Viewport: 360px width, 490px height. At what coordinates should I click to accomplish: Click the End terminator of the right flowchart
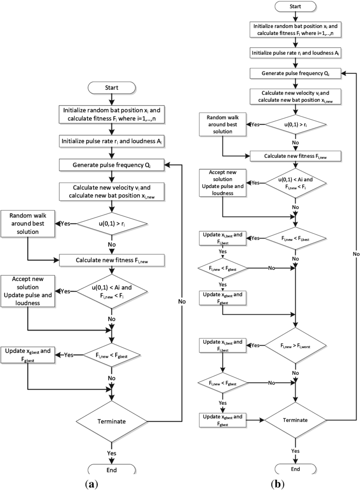pyautogui.click(x=295, y=469)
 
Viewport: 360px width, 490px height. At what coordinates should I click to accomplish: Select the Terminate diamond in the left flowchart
pyautogui.click(x=111, y=422)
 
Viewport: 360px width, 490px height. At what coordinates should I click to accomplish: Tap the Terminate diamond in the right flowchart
pyautogui.click(x=295, y=420)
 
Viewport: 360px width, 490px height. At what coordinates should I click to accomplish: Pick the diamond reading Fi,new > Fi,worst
pyautogui.click(x=295, y=346)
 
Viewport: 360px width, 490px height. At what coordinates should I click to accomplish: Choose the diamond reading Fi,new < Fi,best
pyautogui.click(x=295, y=238)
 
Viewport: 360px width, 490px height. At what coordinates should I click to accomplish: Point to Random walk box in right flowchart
pyautogui.click(x=222, y=125)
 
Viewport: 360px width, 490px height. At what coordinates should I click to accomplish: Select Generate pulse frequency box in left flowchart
pyautogui.click(x=111, y=165)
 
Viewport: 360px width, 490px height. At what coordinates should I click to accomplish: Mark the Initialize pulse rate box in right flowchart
pyautogui.click(x=295, y=53)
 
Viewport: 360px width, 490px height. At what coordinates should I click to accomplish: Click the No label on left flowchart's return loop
pyautogui.click(x=182, y=301)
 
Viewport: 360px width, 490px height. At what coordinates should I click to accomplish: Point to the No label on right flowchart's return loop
pyautogui.click(x=355, y=254)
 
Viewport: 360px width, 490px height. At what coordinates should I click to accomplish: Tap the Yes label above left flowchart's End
pyautogui.click(x=111, y=452)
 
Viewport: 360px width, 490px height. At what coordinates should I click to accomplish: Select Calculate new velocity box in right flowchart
pyautogui.click(x=295, y=96)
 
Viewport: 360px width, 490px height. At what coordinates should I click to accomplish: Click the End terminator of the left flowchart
pyautogui.click(x=111, y=470)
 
